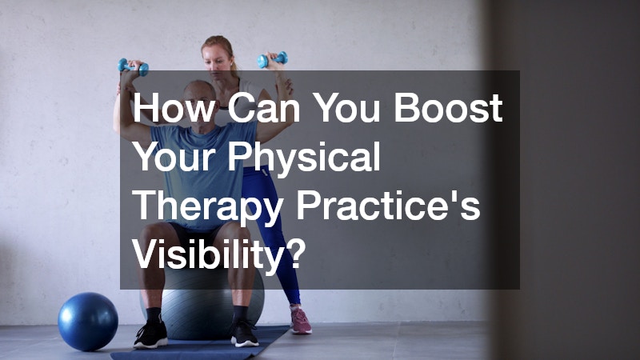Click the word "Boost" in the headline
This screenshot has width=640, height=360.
448,108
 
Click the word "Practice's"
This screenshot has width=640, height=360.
388,206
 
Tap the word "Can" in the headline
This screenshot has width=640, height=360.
264,108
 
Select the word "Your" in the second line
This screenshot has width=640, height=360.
174,157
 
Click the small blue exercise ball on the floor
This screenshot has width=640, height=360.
88,322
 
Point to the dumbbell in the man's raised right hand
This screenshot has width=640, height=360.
134,66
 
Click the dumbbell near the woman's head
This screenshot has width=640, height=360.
272,59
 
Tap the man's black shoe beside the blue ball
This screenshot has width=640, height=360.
151,334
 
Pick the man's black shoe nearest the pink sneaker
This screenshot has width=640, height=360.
244,333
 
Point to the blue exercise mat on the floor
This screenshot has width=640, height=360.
200,346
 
